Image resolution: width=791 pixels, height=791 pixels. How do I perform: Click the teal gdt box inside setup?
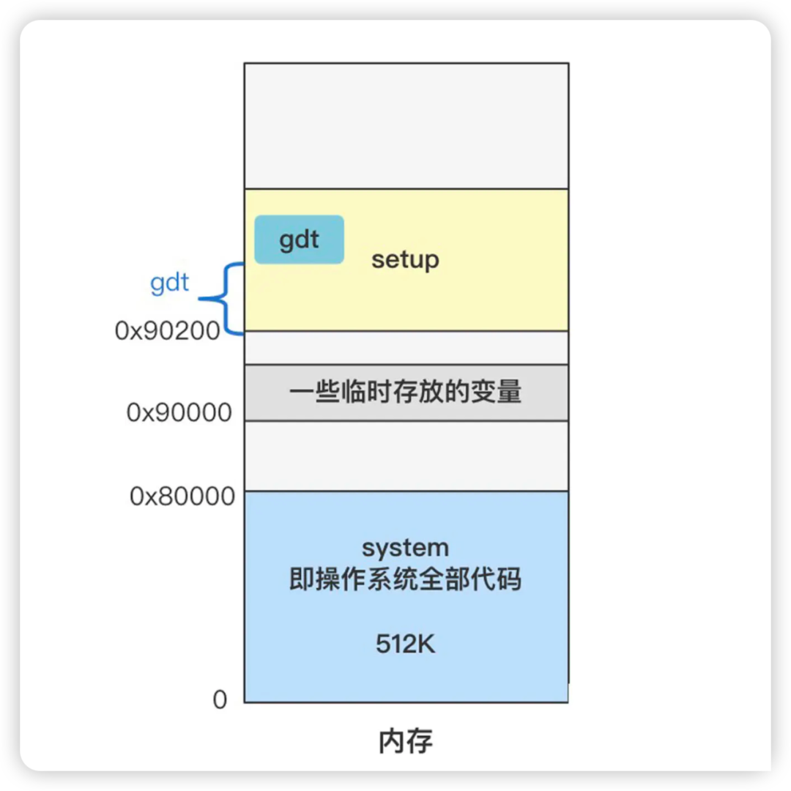pyautogui.click(x=299, y=239)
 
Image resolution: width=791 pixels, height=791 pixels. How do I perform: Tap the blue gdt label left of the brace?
pyautogui.click(x=169, y=283)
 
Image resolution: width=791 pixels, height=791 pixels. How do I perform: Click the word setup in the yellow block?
pyautogui.click(x=405, y=260)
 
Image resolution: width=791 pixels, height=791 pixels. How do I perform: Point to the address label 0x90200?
pyautogui.click(x=168, y=331)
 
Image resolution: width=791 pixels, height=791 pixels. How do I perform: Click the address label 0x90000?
pyautogui.click(x=179, y=413)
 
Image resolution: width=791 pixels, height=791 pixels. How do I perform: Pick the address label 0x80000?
pyautogui.click(x=182, y=497)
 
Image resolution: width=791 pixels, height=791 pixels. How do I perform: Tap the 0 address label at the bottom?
pyautogui.click(x=220, y=700)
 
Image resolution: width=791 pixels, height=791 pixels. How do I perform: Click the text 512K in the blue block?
pyautogui.click(x=406, y=645)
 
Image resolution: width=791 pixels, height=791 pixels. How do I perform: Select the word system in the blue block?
pyautogui.click(x=405, y=548)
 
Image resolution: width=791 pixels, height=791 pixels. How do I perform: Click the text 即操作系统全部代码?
pyautogui.click(x=405, y=579)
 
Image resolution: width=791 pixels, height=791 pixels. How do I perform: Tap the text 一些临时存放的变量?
pyautogui.click(x=405, y=393)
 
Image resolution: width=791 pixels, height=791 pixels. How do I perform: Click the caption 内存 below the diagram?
pyautogui.click(x=406, y=741)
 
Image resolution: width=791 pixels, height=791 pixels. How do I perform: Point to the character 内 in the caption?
pyautogui.click(x=392, y=741)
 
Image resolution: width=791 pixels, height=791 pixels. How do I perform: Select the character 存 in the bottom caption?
pyautogui.click(x=420, y=741)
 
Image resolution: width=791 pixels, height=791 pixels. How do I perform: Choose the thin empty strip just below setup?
pyautogui.click(x=406, y=348)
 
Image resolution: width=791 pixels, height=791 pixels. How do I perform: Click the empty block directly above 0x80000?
pyautogui.click(x=406, y=456)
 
